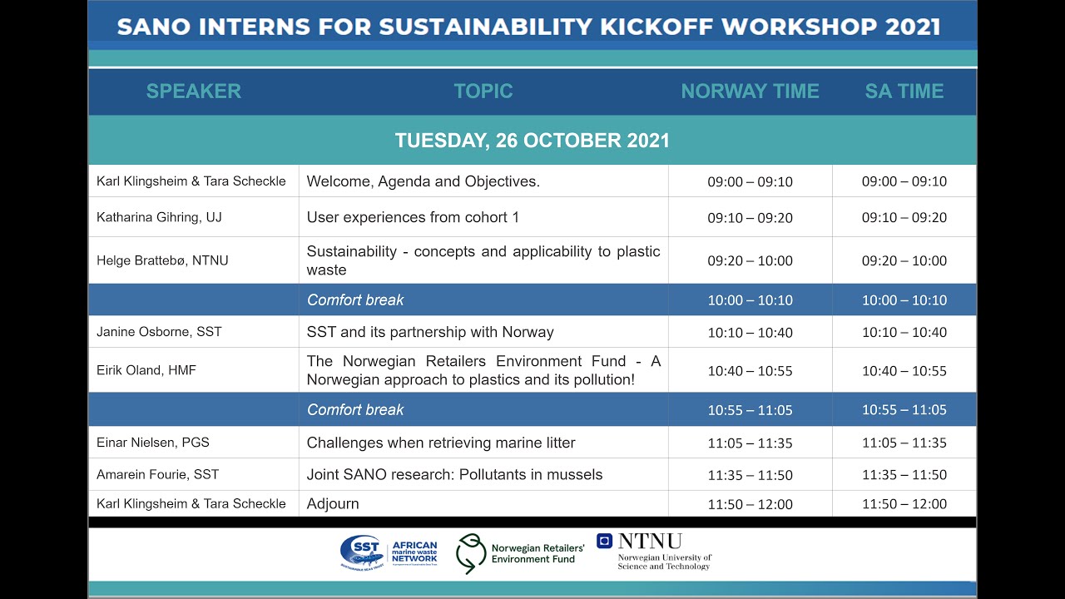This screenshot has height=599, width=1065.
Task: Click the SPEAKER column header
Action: point(193,92)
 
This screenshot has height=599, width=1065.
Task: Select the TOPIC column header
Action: point(483,92)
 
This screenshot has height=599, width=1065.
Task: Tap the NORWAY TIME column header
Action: point(750,92)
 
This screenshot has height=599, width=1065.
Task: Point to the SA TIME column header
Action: point(904,92)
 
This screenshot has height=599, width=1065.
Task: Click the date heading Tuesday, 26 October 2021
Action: point(532,141)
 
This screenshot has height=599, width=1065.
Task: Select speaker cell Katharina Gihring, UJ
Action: point(159,217)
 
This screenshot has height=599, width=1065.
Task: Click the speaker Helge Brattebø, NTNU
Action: point(162,260)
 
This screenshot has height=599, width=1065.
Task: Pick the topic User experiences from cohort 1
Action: point(413,217)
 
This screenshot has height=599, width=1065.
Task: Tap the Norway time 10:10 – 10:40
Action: point(750,332)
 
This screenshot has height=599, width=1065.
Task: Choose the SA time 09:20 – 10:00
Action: point(904,260)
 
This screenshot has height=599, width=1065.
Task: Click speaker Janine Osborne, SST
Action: point(159,332)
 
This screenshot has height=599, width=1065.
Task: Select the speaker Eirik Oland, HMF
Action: point(146,370)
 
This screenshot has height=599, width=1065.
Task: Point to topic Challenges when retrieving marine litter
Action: point(441,443)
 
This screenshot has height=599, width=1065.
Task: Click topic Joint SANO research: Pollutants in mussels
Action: point(454,475)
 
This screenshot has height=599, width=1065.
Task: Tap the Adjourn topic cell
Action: point(333,504)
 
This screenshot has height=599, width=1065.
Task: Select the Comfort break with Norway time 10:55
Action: point(355,409)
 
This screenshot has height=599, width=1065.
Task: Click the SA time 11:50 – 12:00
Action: point(904,504)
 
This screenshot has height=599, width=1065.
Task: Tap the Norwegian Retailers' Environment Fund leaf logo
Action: point(471,554)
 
